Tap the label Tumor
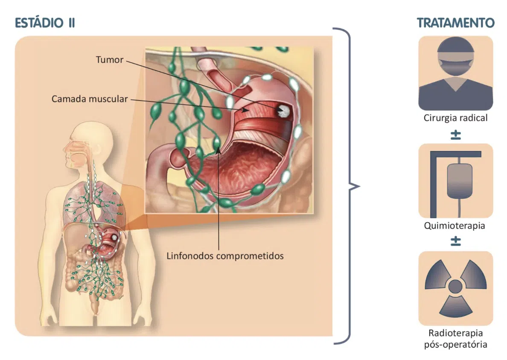pyautogui.click(x=109, y=60)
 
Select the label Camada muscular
pyautogui.click(x=90, y=99)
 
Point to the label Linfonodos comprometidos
pyautogui.click(x=225, y=256)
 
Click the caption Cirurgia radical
pyautogui.click(x=455, y=118)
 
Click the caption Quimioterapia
pyautogui.click(x=455, y=226)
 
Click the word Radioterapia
pyautogui.click(x=455, y=333)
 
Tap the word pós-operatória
pyautogui.click(x=455, y=344)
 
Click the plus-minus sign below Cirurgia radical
pyautogui.click(x=455, y=135)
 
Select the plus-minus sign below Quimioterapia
pyautogui.click(x=455, y=241)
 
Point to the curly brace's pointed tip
pyautogui.click(x=359, y=186)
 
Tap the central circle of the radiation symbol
pyautogui.click(x=455, y=286)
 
